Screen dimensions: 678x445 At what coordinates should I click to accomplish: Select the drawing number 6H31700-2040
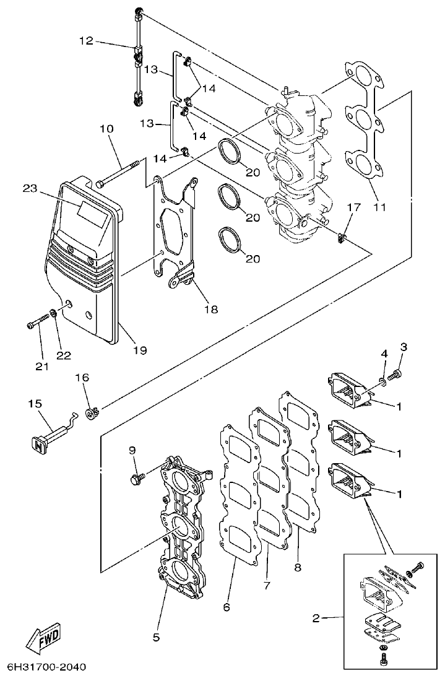tap(46, 667)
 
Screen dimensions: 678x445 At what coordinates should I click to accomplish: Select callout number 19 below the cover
tap(139, 350)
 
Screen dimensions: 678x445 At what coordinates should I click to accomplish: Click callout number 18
tap(211, 309)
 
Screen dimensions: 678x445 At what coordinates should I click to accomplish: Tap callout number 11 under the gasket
tap(379, 207)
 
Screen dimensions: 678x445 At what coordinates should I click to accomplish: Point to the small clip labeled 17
tap(342, 236)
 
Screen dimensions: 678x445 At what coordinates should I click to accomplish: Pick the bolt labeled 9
tap(137, 478)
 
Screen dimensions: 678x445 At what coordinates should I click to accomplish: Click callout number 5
tap(156, 636)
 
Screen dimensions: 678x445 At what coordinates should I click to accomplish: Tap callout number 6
tap(227, 607)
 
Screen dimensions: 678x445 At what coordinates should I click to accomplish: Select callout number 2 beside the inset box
tap(316, 617)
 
